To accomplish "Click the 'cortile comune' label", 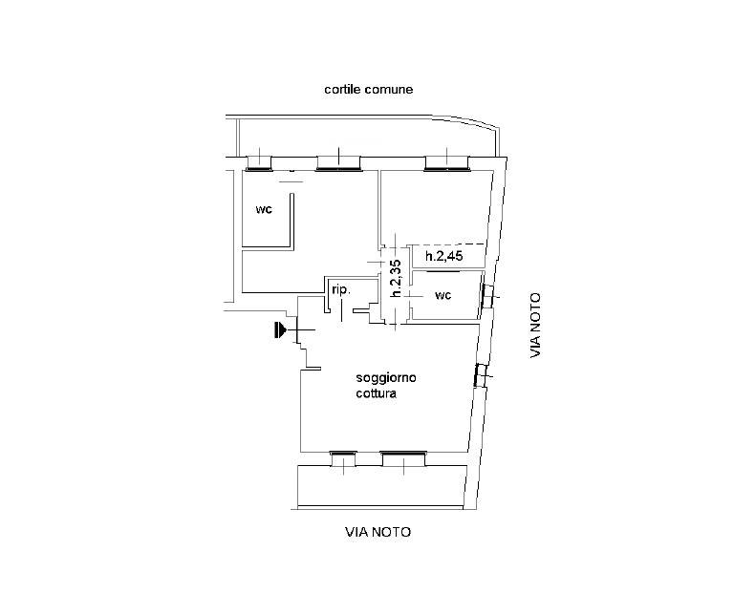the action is pos(368,90).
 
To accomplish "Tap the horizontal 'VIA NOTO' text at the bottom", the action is pos(378,532).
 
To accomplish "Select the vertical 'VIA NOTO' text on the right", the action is pos(535,326).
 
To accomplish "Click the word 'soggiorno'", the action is pos(386,378).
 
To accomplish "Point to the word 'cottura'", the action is pos(376,393).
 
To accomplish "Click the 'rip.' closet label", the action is pos(341,290).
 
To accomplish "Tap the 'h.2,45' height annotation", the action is pos(443,256).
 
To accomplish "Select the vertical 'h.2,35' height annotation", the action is pos(396,278).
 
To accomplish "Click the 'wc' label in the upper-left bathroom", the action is pos(264,209).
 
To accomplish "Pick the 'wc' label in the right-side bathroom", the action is pos(443,295).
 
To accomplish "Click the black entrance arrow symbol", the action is pos(280,329).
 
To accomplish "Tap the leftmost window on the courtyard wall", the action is pos(259,162).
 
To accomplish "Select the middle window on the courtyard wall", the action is pos(338,162).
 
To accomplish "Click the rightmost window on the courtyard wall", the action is pos(447,162).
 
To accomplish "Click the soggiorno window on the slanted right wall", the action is pos(481,375).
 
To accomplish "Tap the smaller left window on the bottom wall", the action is pos(344,458).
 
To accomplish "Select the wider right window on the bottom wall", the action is pos(403,458).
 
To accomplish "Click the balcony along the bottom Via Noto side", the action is pos(382,486).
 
